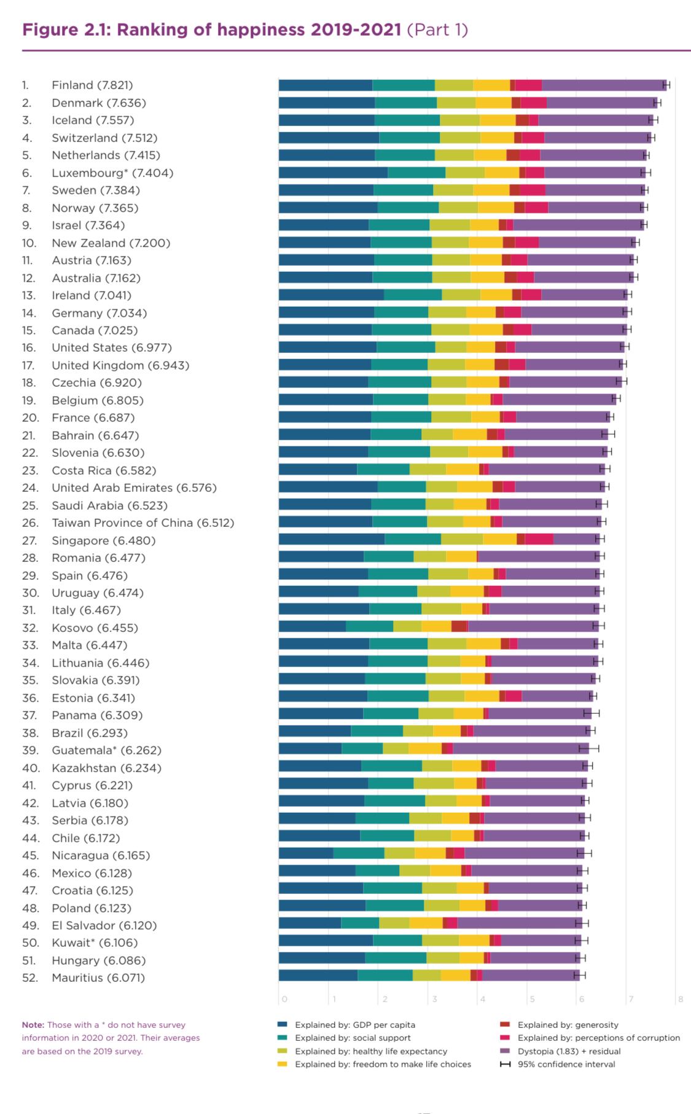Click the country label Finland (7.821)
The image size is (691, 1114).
coord(92,85)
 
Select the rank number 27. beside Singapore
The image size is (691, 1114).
coord(29,540)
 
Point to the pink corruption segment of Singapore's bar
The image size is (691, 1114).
coord(539,539)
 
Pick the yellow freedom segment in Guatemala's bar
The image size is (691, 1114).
coord(425,748)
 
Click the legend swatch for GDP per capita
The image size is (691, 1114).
coord(283,1025)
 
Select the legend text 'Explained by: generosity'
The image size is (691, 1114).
coord(568,1025)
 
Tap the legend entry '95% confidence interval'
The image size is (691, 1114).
coord(566,1064)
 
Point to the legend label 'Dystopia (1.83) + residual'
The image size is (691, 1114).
coord(569,1051)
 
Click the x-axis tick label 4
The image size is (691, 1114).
coord(483,999)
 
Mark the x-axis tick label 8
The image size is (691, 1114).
coord(680,999)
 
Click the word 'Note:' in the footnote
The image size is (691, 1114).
coord(33,1025)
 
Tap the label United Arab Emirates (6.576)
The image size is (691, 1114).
coord(134,488)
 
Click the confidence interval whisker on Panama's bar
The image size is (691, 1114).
coord(591,713)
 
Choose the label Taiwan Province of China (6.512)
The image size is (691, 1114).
coord(142,523)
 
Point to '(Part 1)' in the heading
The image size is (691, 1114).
coord(437,30)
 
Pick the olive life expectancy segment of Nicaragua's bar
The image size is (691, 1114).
coord(399,853)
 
